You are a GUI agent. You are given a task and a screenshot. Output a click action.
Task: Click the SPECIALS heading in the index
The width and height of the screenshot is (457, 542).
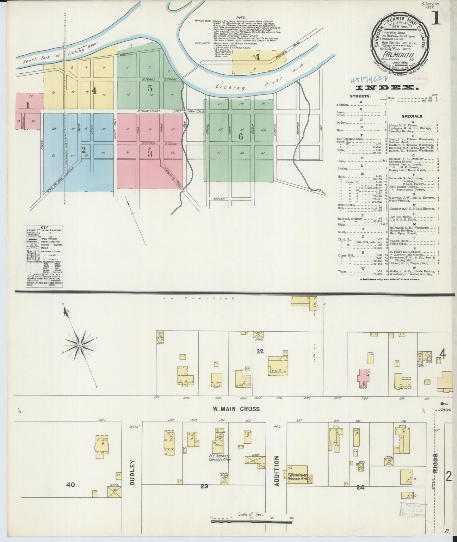pos(413,116)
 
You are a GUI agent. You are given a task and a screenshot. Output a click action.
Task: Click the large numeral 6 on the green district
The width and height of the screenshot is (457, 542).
pos(241,136)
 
